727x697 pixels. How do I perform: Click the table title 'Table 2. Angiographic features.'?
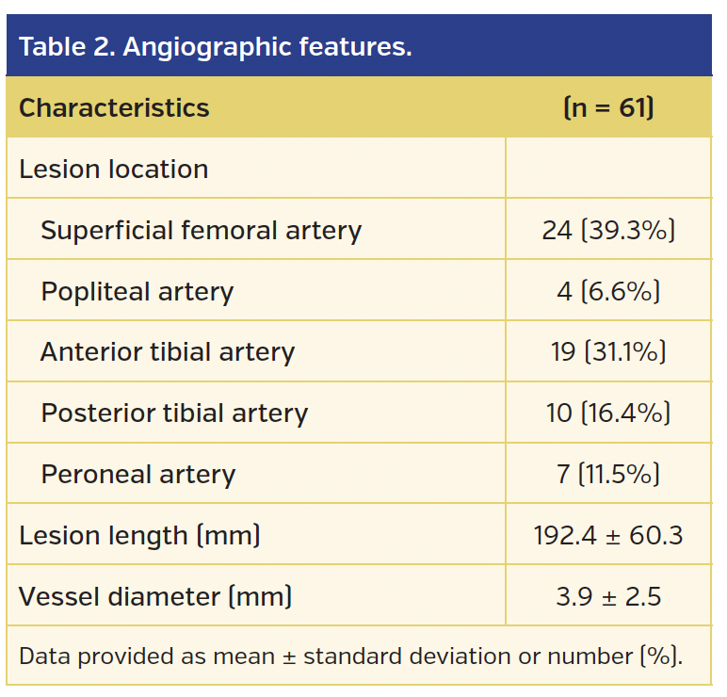coord(216,46)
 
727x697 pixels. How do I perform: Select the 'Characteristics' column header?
coord(114,107)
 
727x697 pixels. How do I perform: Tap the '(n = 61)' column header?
coord(608,107)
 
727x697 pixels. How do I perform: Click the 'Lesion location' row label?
coord(113,170)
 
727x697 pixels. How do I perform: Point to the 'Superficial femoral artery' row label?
coord(201,231)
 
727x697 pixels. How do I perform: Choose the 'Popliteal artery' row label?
coord(137,292)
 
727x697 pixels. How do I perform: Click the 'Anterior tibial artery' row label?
coord(168,352)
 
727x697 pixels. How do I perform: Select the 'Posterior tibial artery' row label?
coord(174,413)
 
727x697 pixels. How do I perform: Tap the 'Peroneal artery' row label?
coord(137,474)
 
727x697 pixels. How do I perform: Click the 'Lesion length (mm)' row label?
coord(139,535)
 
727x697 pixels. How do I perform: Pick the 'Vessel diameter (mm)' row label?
coord(155,596)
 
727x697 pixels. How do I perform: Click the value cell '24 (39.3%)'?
coord(608,231)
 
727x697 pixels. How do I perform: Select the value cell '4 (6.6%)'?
coord(608,292)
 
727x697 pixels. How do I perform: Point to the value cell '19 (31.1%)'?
coord(608,352)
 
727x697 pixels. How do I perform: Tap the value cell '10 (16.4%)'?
coord(608,413)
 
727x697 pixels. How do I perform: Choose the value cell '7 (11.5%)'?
coord(608,474)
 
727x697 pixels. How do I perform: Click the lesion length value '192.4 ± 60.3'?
coord(608,535)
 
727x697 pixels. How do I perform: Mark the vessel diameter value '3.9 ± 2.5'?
coord(608,596)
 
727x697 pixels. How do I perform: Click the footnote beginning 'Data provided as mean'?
coord(350,656)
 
